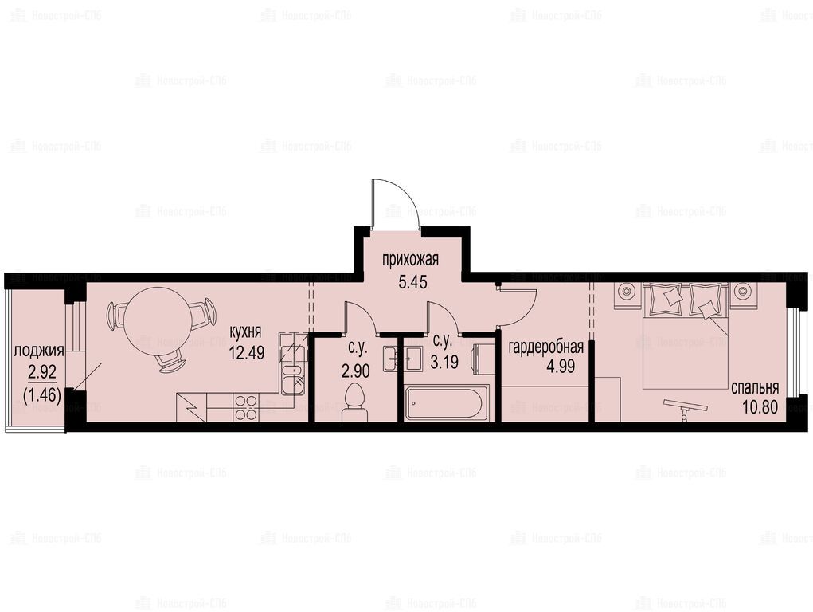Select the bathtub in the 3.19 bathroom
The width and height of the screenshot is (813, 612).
click(444, 403)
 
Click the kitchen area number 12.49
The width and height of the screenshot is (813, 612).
click(247, 353)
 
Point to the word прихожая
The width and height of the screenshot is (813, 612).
click(410, 259)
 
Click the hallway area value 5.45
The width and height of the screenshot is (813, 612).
click(412, 282)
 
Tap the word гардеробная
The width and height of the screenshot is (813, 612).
click(546, 347)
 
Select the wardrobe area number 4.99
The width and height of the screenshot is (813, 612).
click(561, 366)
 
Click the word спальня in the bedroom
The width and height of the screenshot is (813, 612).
click(755, 387)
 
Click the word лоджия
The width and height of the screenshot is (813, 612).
click(39, 351)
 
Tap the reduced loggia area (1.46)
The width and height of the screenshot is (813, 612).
click(42, 396)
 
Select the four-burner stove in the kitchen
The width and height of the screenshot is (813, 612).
click(246, 407)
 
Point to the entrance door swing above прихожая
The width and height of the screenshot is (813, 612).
click(396, 203)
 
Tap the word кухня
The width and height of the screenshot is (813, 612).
click(246, 331)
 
